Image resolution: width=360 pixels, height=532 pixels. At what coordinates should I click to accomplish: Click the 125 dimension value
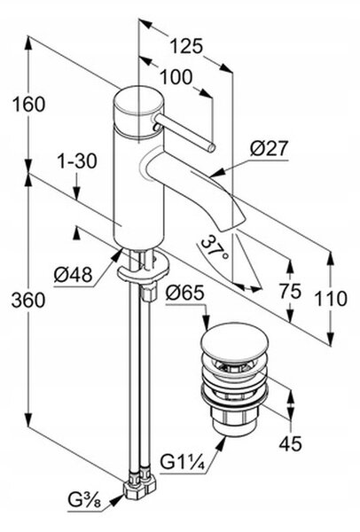coord(186,46)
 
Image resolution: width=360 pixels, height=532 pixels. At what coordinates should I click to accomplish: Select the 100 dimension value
coord(176,77)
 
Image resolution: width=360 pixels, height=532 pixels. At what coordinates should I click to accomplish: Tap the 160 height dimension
coord(28,104)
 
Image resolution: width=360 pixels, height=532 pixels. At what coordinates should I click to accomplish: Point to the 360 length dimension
coord(28,300)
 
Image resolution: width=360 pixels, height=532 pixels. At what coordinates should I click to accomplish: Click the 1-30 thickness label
coord(76,161)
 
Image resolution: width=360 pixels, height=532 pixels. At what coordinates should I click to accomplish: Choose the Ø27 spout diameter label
coord(269,148)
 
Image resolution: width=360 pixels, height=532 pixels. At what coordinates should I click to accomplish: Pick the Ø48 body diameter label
coord(73,274)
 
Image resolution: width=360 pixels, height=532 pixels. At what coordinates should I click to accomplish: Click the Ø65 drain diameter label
coord(185,293)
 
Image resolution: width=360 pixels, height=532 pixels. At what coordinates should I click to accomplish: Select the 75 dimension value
coord(290,291)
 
